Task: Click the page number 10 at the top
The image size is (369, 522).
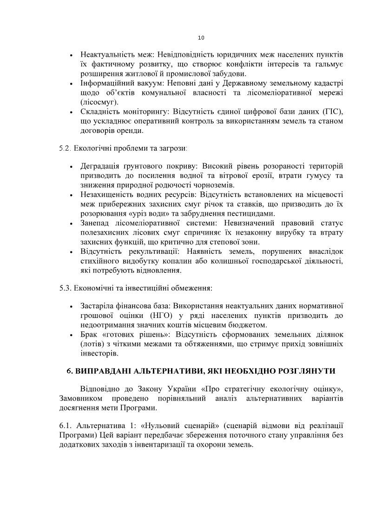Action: [x=201, y=38]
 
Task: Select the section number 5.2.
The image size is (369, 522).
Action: [x=66, y=148]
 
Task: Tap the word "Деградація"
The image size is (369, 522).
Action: [x=100, y=166]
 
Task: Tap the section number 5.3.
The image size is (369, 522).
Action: [x=66, y=288]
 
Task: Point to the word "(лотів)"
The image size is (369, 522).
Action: [x=92, y=344]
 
